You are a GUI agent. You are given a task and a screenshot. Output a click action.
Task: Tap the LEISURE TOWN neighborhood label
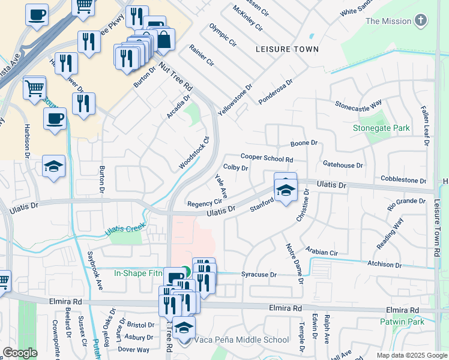tap(286, 49)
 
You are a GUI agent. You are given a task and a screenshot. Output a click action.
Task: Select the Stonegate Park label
tap(381, 128)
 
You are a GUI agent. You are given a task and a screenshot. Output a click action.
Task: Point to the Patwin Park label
tap(402, 322)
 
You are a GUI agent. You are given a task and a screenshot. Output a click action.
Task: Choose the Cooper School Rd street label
tap(267, 158)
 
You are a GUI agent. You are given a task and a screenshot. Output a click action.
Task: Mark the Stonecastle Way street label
tap(358, 104)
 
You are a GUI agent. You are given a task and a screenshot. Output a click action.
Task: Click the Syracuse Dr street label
tap(259, 274)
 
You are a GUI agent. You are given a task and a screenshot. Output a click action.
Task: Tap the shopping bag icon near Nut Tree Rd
tap(163, 40)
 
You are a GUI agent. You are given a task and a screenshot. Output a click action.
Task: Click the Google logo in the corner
tap(20, 352)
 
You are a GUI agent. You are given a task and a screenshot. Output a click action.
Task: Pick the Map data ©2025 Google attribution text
tap(411, 355)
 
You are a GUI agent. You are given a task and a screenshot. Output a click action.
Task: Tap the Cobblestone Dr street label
tap(403, 180)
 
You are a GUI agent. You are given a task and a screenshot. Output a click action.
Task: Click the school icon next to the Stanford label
tap(286, 190)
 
